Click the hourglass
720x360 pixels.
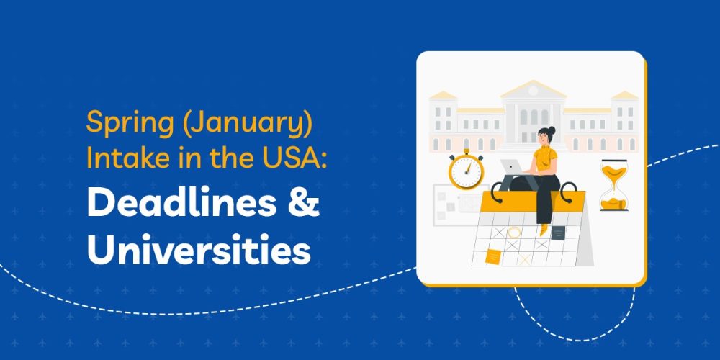[613, 185]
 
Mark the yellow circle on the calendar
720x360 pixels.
[514, 232]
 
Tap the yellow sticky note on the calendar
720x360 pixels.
[493, 256]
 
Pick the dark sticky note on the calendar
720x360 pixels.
[559, 233]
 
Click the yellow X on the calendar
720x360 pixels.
[525, 258]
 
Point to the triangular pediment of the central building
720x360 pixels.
[534, 89]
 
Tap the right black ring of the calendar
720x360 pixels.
[568, 192]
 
